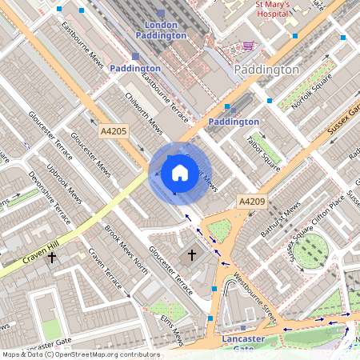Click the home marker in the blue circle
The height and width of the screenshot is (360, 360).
180,173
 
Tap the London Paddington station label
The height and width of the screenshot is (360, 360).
161,30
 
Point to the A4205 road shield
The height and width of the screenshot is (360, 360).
113,130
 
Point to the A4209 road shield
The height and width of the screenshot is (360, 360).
252,203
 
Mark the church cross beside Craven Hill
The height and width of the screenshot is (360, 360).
53,258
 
